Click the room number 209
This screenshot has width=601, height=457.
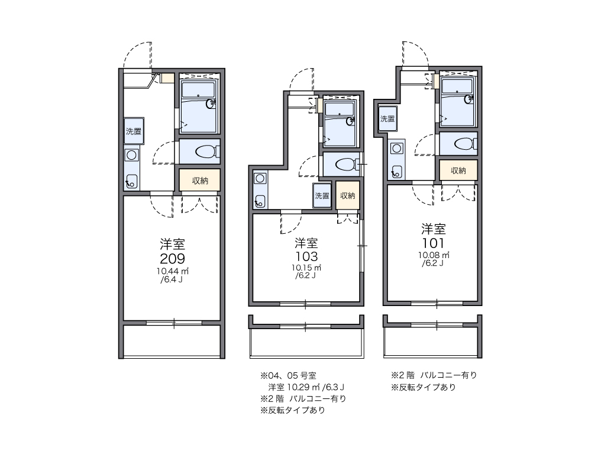pos(172,258)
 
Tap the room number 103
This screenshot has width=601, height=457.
pos(306,256)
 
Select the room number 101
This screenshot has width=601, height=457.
pos(433,243)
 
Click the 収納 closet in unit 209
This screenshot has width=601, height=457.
pos(200,181)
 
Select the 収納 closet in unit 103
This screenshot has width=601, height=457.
pos(348,195)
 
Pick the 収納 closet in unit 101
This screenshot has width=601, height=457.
pos(458,170)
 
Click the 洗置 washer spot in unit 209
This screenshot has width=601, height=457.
pos(134,131)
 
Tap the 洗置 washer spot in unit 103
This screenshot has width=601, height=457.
pos(322,196)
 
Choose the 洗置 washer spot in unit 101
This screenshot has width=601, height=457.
pos(387,118)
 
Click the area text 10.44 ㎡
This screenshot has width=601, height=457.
pos(173,271)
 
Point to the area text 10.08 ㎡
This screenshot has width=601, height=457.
pos(434,255)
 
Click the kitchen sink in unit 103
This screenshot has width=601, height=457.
pos(260,201)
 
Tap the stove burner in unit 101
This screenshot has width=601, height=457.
pos(396,148)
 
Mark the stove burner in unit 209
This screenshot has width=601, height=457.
pos(131,156)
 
